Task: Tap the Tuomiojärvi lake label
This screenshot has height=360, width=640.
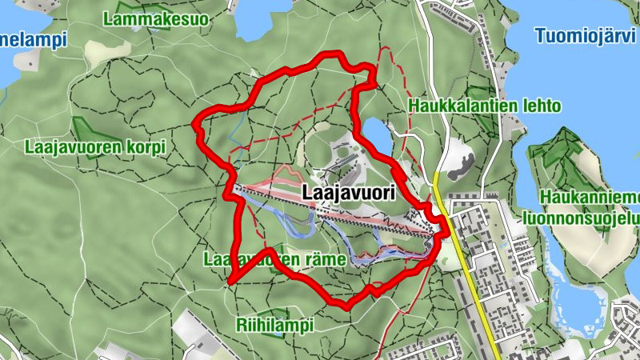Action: click(586, 35)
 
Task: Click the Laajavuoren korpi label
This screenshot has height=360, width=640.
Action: click(94, 148)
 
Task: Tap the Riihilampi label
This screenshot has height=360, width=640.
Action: click(275, 325)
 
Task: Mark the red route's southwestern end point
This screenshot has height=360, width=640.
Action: click(230, 282)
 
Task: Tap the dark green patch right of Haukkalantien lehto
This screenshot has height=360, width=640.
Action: click(481, 94)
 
